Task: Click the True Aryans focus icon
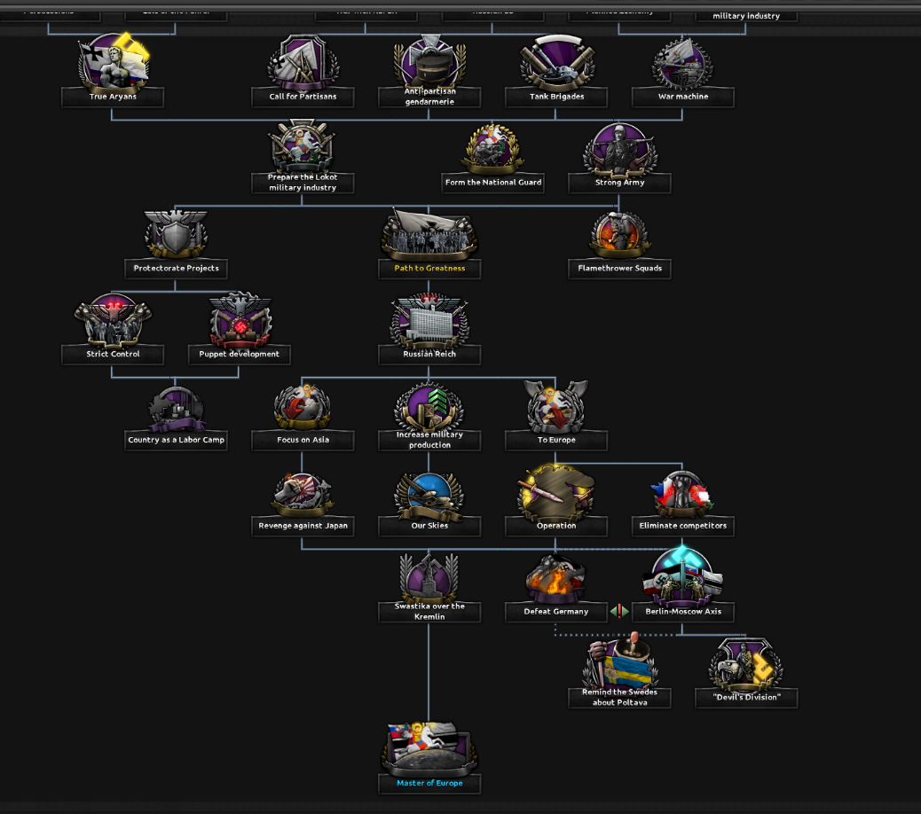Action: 113,62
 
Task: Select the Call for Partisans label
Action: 303,97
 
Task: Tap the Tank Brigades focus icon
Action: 556,62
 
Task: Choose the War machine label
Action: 683,97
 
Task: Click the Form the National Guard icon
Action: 492,148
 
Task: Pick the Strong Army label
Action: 619,183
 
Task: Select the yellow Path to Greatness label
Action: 429,268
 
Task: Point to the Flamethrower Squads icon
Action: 619,234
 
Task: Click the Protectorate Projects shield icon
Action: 176,234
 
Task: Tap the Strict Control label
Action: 113,354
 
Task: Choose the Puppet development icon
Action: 240,320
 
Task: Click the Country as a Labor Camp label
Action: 176,440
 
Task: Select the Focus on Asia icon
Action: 303,406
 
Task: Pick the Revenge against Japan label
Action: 303,526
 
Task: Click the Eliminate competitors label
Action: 683,526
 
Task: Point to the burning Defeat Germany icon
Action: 556,577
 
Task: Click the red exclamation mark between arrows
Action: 619,611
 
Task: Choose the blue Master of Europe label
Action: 429,783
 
